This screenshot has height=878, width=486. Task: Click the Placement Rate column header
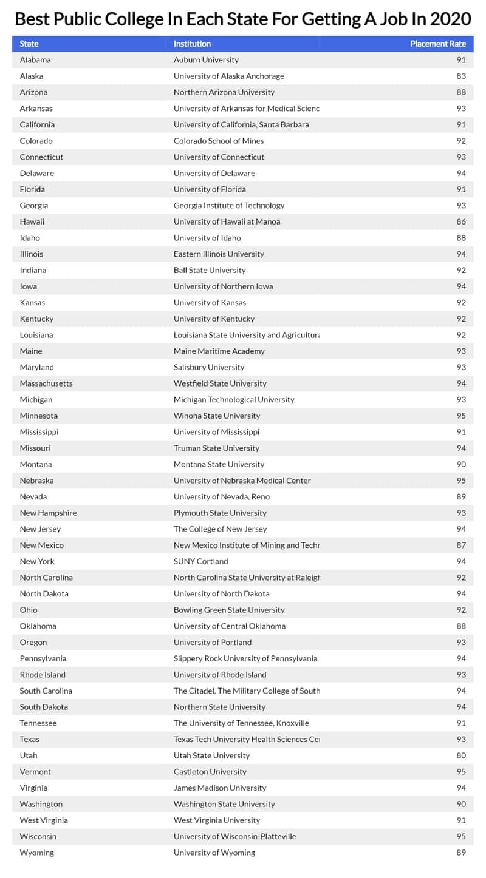[x=438, y=44]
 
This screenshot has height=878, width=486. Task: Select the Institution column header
[x=192, y=44]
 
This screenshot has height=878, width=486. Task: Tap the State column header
[x=29, y=44]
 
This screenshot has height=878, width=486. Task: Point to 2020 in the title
[x=450, y=19]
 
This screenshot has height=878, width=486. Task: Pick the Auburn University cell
[x=206, y=60]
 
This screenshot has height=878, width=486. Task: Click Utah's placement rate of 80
[x=461, y=755]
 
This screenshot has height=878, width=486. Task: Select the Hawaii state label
[x=32, y=221]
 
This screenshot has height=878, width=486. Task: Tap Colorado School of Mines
[x=219, y=141]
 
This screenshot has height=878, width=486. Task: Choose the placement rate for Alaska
[x=461, y=76]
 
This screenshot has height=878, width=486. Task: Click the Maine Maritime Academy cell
[x=219, y=351]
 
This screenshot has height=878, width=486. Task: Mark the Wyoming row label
[x=36, y=853]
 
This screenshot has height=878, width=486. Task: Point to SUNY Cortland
[x=201, y=561]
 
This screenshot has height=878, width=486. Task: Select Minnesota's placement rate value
[x=461, y=416]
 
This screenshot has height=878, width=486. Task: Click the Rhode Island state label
[x=43, y=675]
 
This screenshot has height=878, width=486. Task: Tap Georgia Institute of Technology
[x=229, y=206]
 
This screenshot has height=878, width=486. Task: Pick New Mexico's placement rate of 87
[x=461, y=545]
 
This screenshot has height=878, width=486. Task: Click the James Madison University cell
[x=220, y=788]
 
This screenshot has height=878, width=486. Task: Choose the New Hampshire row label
[x=48, y=513]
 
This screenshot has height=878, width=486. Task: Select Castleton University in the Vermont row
[x=210, y=772]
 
